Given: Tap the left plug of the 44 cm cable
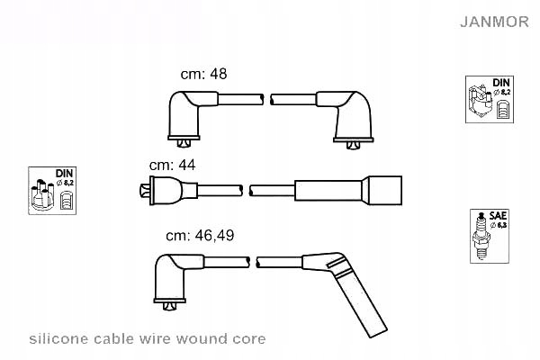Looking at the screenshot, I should coord(165,190).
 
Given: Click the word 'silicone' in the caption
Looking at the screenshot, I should coord(58,339).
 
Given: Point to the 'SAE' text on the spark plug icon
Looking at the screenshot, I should coord(498,217).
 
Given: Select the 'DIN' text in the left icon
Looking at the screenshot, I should coord(63,173).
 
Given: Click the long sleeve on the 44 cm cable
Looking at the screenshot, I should coord(328,190).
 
